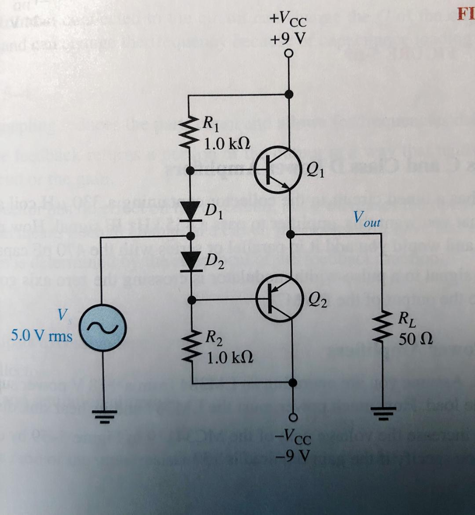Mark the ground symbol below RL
(x=381, y=414)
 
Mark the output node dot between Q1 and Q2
(x=290, y=234)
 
